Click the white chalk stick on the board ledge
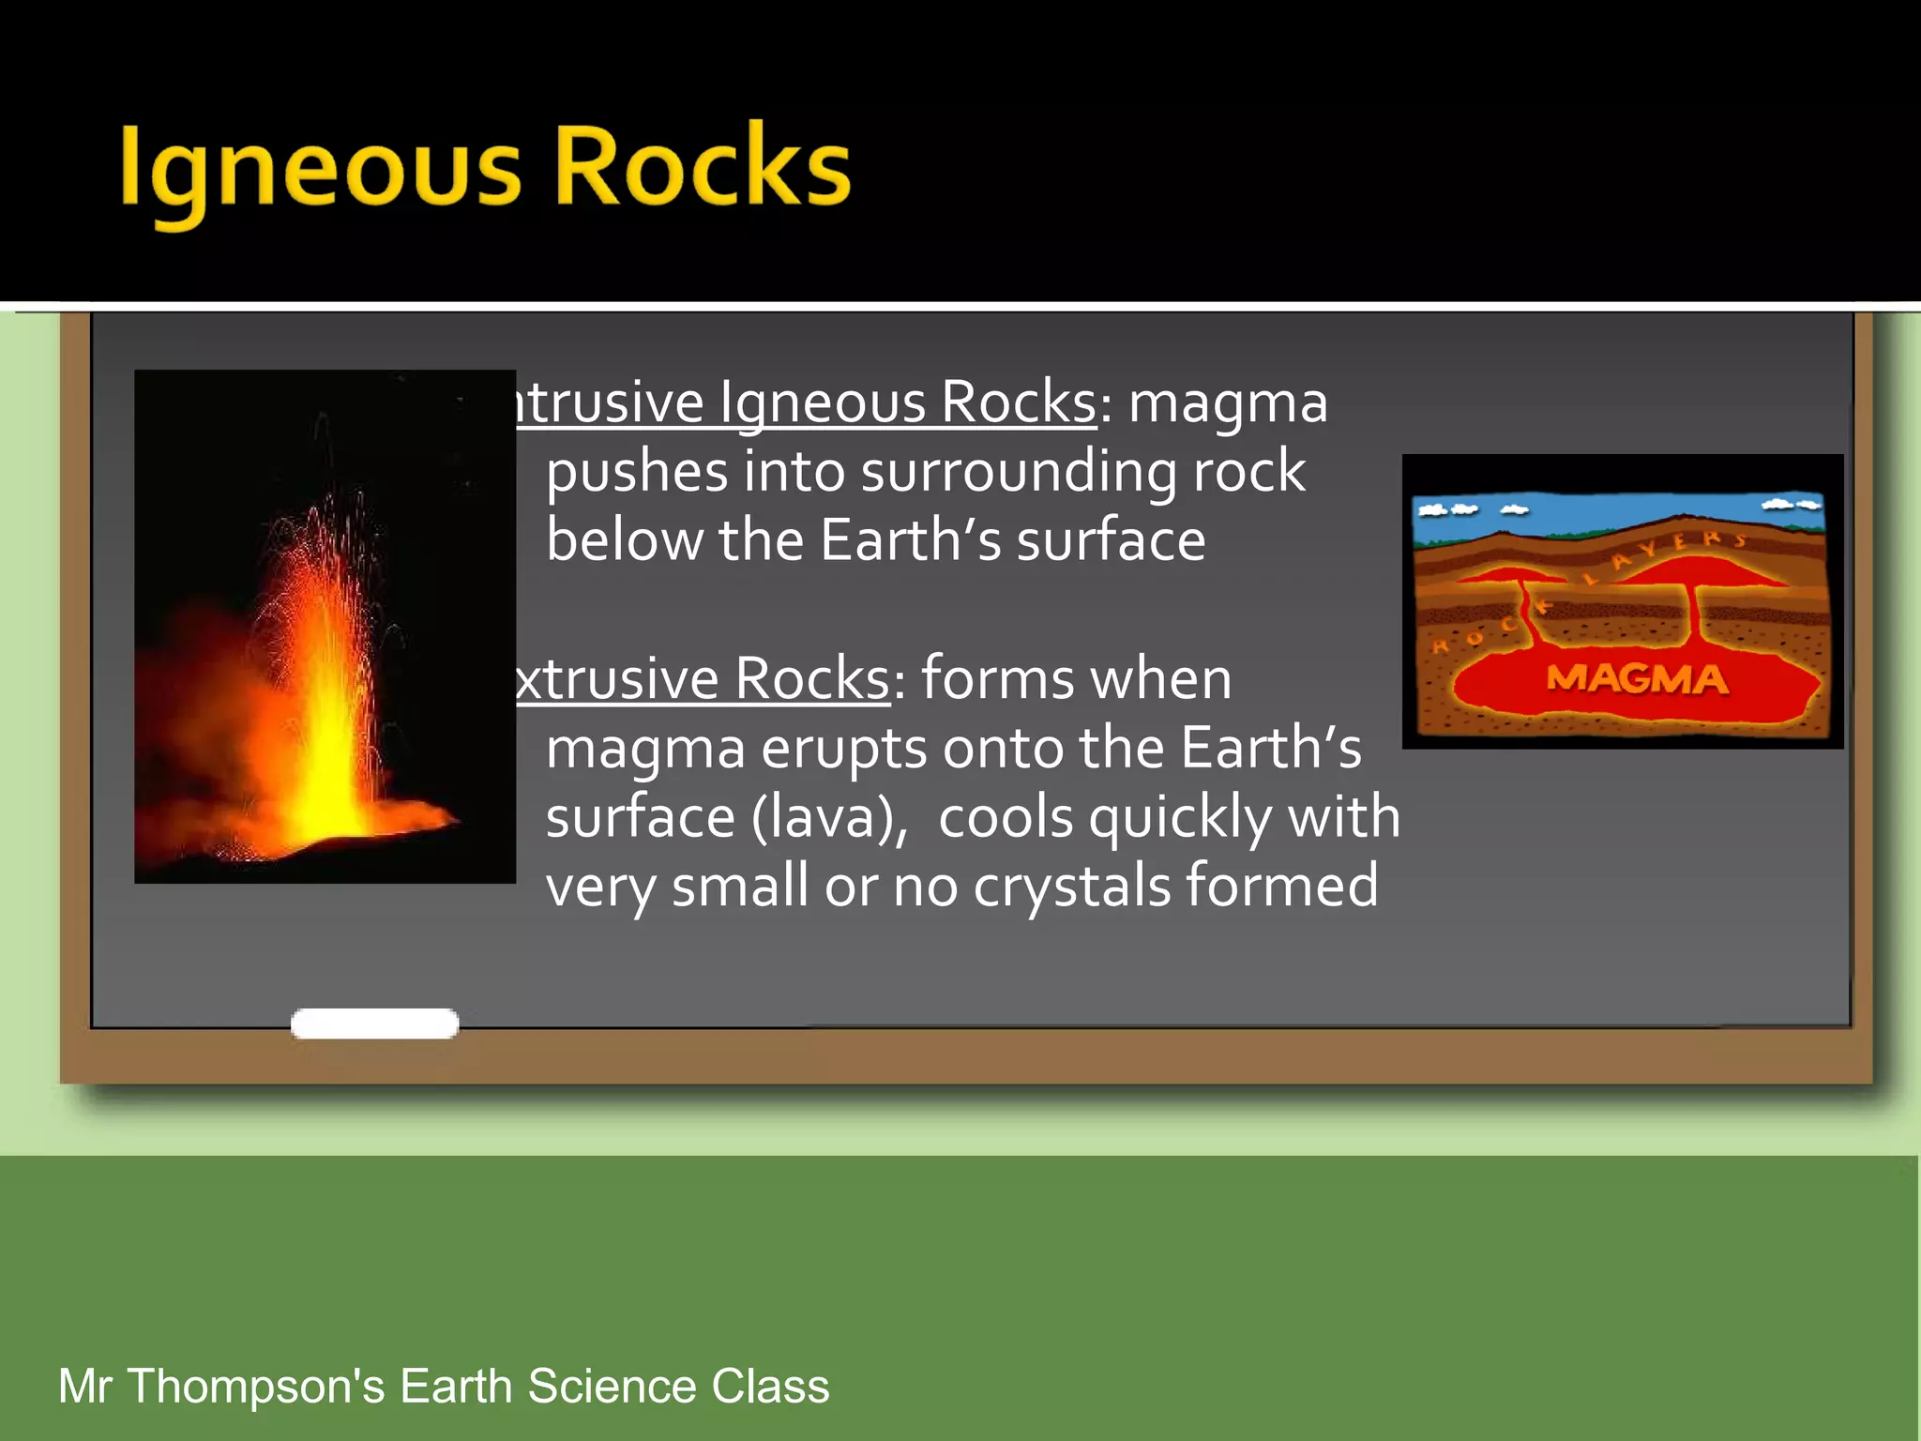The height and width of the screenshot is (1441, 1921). (x=374, y=1024)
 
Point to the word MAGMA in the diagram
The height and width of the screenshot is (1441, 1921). (x=1637, y=678)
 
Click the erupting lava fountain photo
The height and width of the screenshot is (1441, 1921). (x=325, y=626)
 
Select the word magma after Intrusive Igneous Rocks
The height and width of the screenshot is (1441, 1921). (x=1228, y=403)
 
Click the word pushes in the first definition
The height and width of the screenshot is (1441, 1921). (x=637, y=472)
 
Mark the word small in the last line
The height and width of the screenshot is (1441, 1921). (x=740, y=886)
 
